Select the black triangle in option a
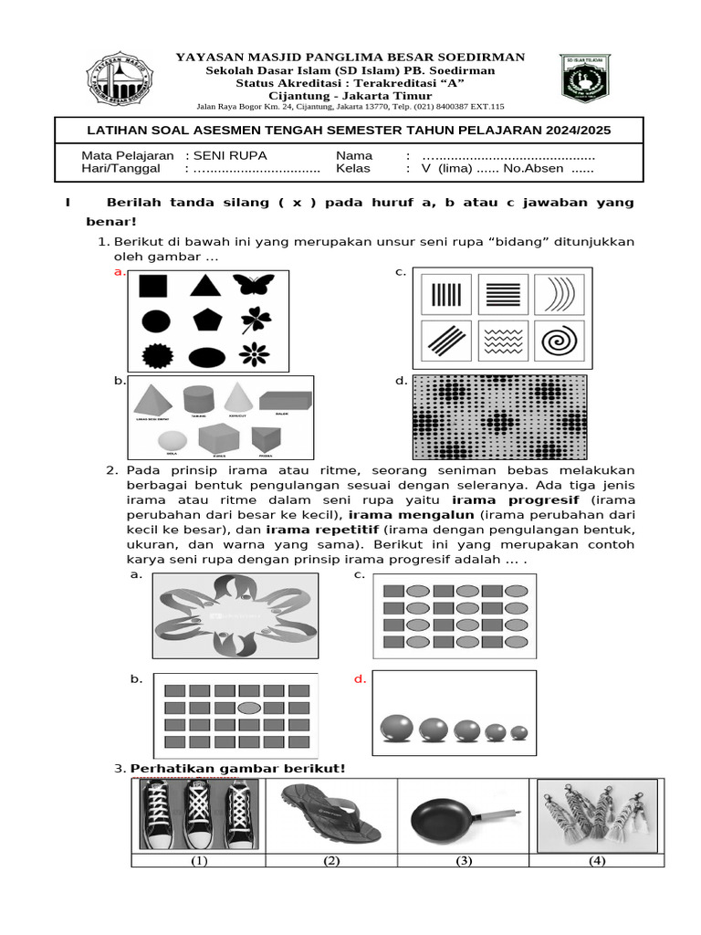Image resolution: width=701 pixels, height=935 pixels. click(x=206, y=286)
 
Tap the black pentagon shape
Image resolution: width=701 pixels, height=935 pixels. click(x=207, y=320)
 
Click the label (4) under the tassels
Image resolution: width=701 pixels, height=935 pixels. click(x=597, y=860)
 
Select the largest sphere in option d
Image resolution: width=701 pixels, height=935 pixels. click(x=397, y=728)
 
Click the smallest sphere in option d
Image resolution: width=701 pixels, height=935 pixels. click(x=519, y=732)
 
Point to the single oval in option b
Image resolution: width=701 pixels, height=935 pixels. click(x=246, y=708)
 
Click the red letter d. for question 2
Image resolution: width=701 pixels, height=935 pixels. click(x=361, y=679)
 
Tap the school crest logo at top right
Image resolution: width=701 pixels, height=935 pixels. click(x=585, y=77)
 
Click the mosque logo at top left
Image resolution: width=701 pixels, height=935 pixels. click(x=120, y=79)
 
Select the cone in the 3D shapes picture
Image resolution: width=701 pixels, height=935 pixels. click(x=238, y=398)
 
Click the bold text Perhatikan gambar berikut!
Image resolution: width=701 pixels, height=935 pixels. click(x=238, y=768)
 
